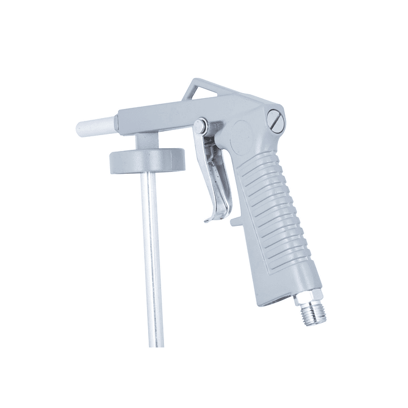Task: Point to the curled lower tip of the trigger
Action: point(208,219)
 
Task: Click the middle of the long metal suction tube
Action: point(151,255)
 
